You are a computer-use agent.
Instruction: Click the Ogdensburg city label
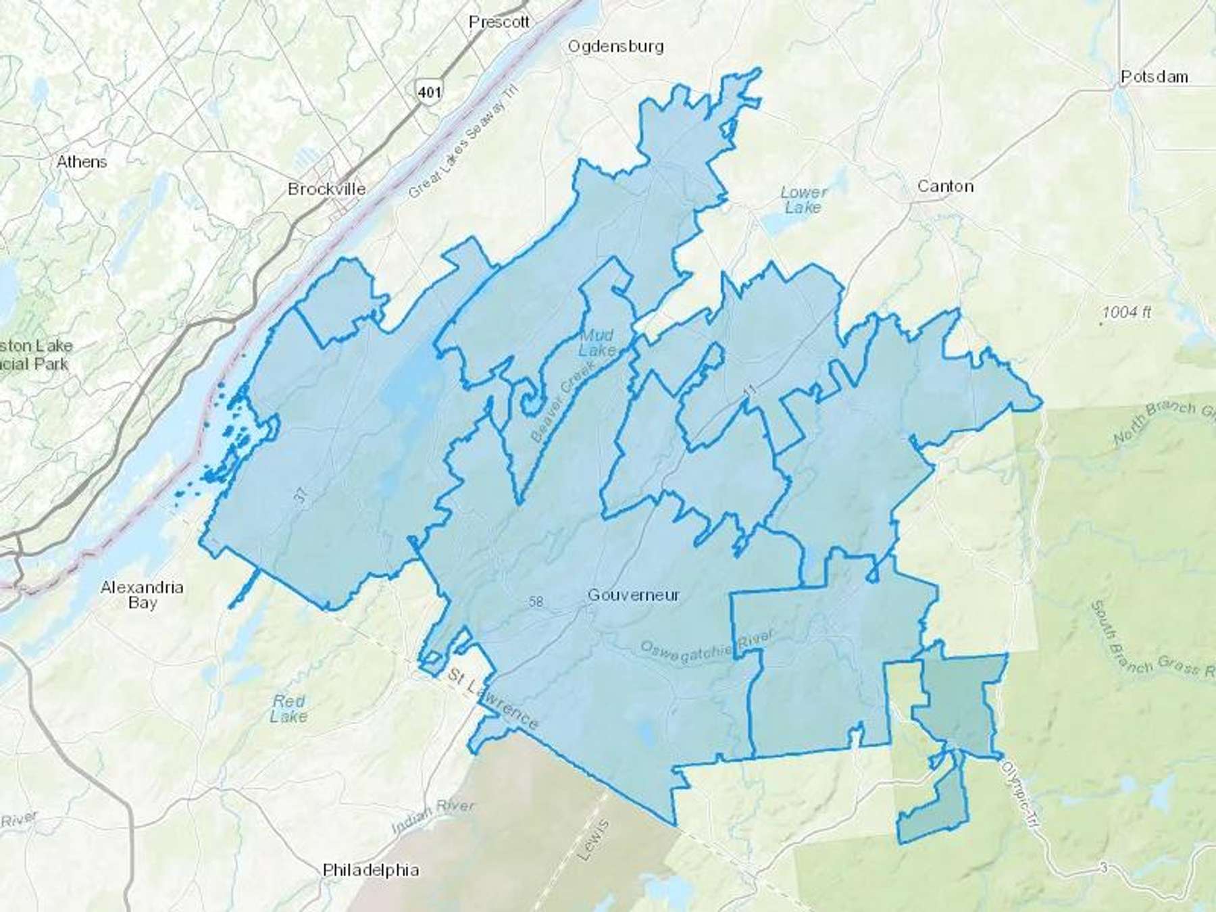click(x=615, y=47)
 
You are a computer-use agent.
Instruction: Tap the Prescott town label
click(x=499, y=22)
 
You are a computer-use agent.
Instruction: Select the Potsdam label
click(x=1154, y=77)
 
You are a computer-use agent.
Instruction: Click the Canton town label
click(x=945, y=186)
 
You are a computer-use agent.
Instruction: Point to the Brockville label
click(x=327, y=189)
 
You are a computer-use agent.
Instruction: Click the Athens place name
click(x=82, y=162)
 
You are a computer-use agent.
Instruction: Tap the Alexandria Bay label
click(x=142, y=595)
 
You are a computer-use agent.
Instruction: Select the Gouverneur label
click(x=633, y=595)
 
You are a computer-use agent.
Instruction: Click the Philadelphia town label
click(x=371, y=870)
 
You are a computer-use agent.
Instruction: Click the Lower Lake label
click(x=803, y=200)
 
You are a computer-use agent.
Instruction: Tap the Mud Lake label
click(x=597, y=343)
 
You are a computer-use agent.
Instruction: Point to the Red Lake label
click(x=288, y=709)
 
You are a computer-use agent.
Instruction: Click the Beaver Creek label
click(x=563, y=401)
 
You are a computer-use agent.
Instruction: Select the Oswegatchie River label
click(x=705, y=644)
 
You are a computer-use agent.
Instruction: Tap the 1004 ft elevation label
click(x=1126, y=313)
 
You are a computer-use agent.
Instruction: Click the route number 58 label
click(x=536, y=601)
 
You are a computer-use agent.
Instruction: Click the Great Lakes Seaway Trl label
click(x=462, y=145)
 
